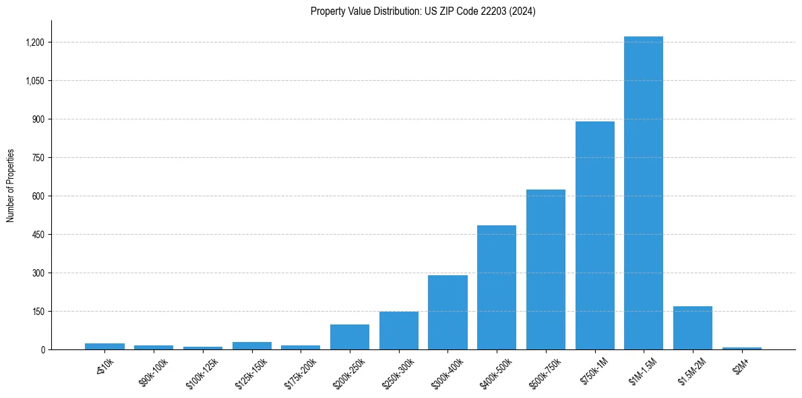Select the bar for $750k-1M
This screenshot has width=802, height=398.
click(x=594, y=235)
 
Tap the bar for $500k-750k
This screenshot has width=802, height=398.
click(x=545, y=270)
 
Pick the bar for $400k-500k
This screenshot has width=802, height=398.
click(x=497, y=287)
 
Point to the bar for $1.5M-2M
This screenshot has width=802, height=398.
click(x=692, y=328)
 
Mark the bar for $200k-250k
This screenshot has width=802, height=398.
click(x=349, y=337)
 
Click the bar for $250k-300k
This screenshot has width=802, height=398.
click(x=398, y=331)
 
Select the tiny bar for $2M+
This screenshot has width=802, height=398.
click(x=741, y=348)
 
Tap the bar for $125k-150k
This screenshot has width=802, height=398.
click(x=251, y=345)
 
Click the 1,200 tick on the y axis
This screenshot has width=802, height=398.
click(x=35, y=42)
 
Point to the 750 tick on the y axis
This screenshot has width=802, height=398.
click(x=38, y=158)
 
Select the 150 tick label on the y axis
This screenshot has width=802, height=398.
click(x=38, y=312)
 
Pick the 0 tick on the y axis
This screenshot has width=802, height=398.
click(x=42, y=350)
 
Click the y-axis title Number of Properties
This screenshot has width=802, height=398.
click(x=11, y=186)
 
